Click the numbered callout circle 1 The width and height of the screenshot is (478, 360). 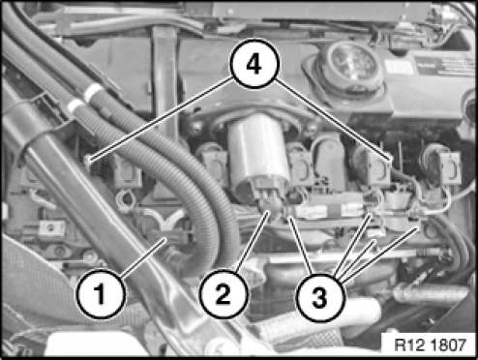(101, 294)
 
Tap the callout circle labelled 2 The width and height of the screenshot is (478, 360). (224, 294)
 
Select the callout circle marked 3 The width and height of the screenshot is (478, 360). (320, 297)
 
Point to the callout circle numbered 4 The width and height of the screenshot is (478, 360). (254, 64)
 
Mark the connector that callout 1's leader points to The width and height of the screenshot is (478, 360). (172, 237)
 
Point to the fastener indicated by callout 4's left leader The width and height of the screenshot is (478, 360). (88, 160)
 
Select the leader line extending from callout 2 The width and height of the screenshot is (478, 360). (253, 241)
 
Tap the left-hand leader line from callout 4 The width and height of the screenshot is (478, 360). (162, 118)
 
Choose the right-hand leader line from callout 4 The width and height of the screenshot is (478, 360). (334, 118)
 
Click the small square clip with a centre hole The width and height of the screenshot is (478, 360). (51, 229)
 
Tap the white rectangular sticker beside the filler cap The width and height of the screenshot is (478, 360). (394, 67)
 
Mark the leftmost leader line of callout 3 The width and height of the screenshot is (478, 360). (301, 245)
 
